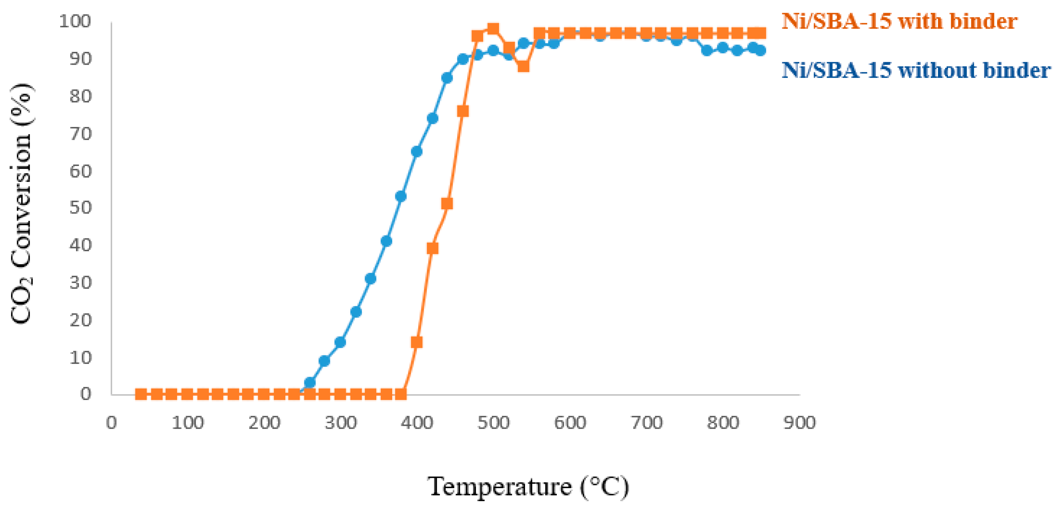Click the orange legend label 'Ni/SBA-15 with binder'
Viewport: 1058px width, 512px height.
899,21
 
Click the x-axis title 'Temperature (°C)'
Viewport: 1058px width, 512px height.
528,487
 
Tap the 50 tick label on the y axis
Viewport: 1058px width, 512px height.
80,208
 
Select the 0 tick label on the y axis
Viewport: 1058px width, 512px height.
85,394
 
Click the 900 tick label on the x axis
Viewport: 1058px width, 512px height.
799,423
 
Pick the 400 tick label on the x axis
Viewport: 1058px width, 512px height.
417,423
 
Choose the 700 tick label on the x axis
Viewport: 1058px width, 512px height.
646,423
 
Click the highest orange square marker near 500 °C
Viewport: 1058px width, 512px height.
493,29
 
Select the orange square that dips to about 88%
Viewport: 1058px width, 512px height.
523,66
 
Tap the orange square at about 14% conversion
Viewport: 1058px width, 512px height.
416,342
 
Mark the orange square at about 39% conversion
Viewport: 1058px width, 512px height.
432,249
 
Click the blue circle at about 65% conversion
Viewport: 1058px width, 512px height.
416,152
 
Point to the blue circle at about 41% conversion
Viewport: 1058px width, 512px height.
386,241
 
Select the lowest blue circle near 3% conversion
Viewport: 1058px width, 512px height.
310,383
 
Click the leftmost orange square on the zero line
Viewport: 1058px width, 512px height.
141,394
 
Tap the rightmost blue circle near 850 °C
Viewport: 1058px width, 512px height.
760,51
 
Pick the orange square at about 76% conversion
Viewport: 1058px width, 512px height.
463,111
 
